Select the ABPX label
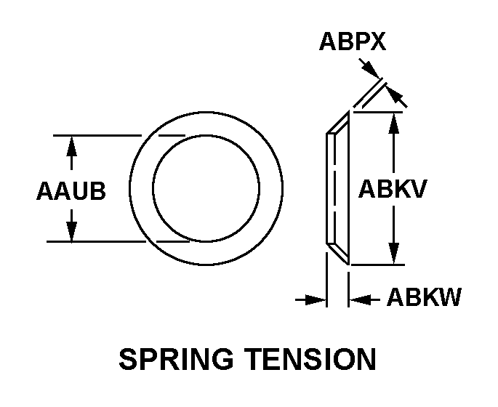click(x=352, y=43)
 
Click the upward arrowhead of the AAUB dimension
click(x=71, y=144)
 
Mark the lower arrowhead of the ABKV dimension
click(x=394, y=255)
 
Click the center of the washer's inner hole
click(x=206, y=188)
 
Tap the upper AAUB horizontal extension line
click(x=95, y=135)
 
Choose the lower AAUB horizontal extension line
click(x=95, y=241)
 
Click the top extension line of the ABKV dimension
click(x=378, y=112)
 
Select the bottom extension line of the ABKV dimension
click(x=378, y=265)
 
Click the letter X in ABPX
click(x=377, y=43)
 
